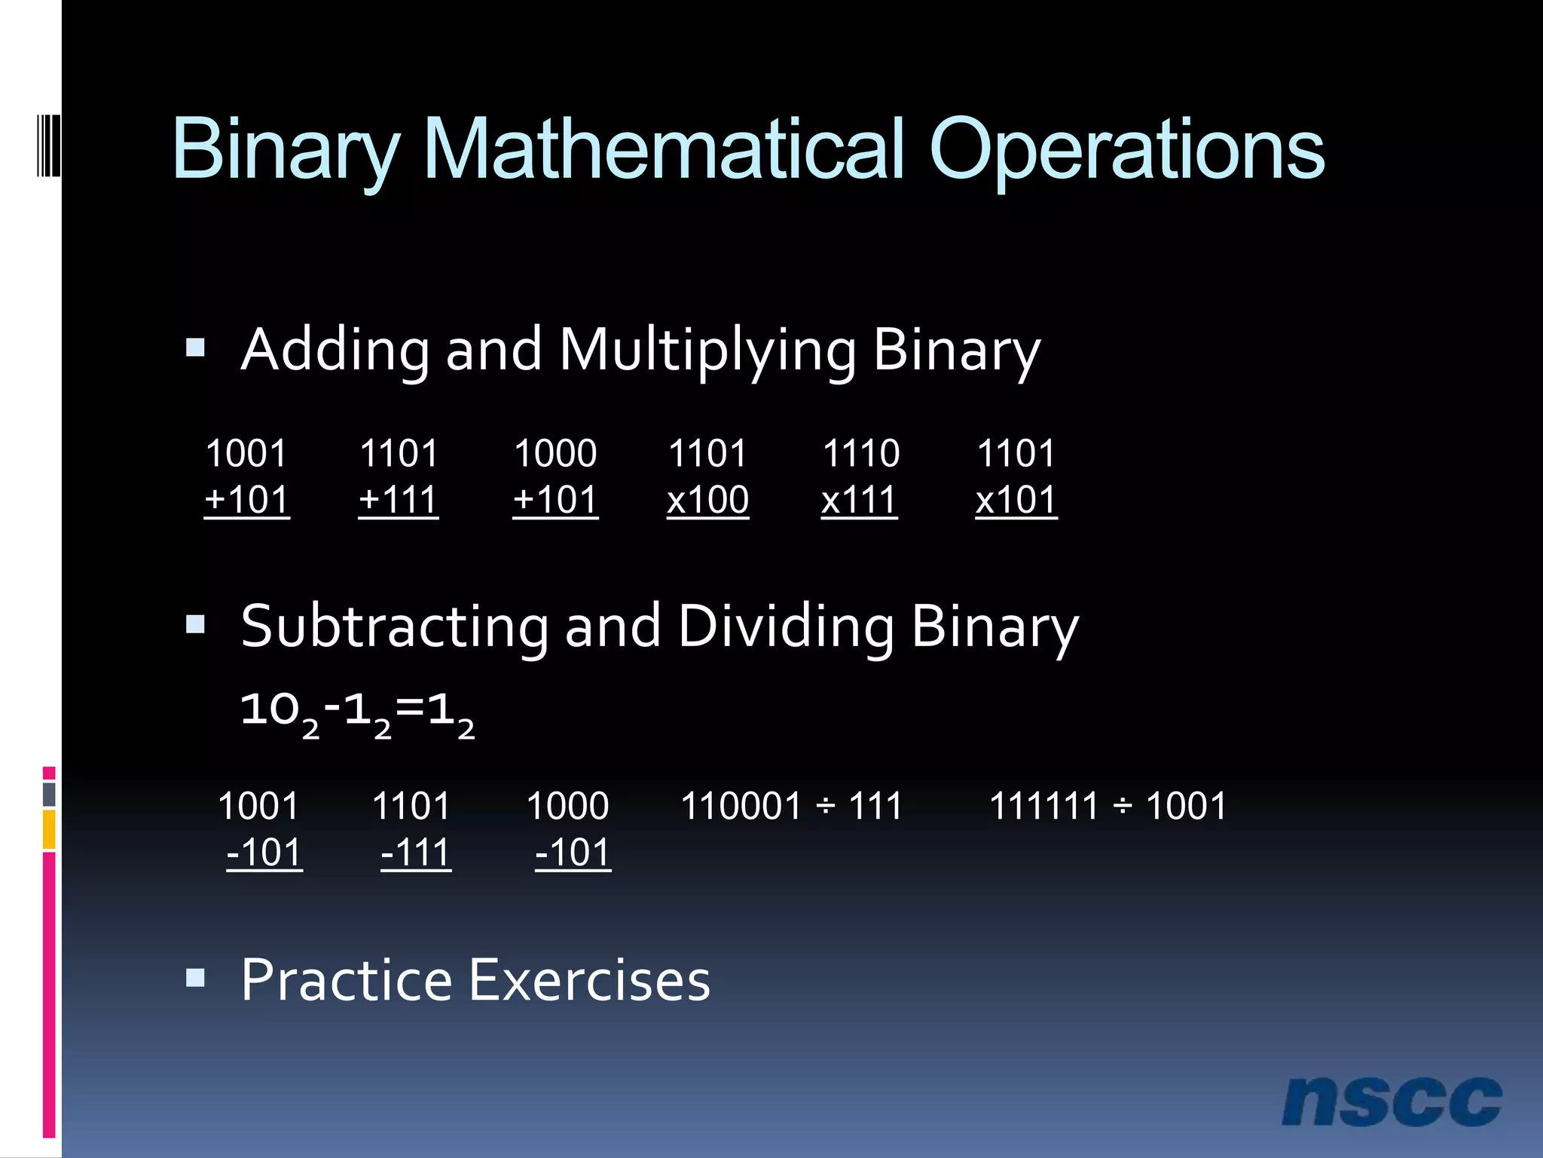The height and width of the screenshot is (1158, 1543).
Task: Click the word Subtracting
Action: coord(394,626)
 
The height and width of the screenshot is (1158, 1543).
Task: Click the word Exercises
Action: coord(590,980)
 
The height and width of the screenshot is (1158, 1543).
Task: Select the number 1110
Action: coord(860,454)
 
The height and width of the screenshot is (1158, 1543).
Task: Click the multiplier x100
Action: coord(707,500)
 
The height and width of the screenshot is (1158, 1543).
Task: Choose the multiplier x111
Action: coord(859,500)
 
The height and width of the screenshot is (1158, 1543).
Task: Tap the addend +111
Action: coord(398,500)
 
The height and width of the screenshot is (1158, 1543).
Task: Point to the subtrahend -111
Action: coord(416,853)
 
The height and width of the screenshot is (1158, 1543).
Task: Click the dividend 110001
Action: coord(741,806)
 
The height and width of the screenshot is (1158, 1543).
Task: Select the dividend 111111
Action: coord(1043,806)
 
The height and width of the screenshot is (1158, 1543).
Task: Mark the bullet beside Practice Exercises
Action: coord(195,978)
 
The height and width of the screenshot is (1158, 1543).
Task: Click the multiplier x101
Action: coord(1016,500)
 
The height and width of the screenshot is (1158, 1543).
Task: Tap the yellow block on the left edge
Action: coord(49,829)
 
